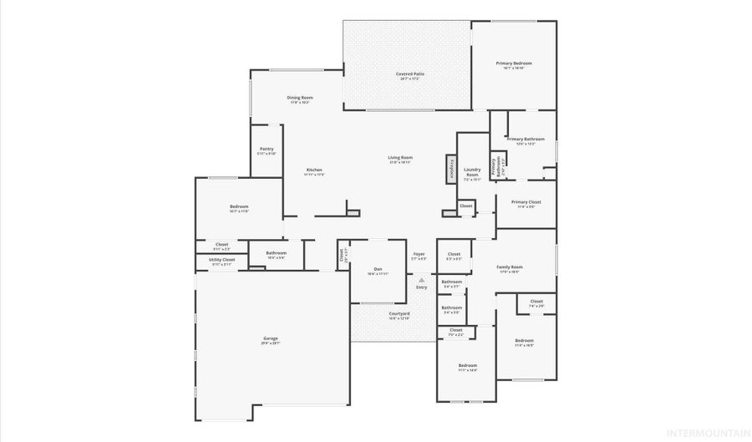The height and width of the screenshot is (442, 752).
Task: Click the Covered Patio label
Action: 409,74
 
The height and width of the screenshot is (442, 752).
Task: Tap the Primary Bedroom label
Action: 514,64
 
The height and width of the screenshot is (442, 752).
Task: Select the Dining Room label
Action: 299,98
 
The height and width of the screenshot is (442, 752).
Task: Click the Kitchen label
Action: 313,170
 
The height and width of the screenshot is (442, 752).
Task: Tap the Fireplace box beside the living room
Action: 451,168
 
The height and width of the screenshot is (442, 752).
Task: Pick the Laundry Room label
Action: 472,172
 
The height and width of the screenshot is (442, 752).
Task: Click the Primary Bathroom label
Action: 526,139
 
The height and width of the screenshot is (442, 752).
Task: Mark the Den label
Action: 378,269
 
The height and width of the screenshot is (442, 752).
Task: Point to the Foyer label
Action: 419,254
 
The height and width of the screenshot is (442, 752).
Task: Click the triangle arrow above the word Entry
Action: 421,281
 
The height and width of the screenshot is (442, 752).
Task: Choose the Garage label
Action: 270,338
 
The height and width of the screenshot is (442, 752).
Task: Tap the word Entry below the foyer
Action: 421,287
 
